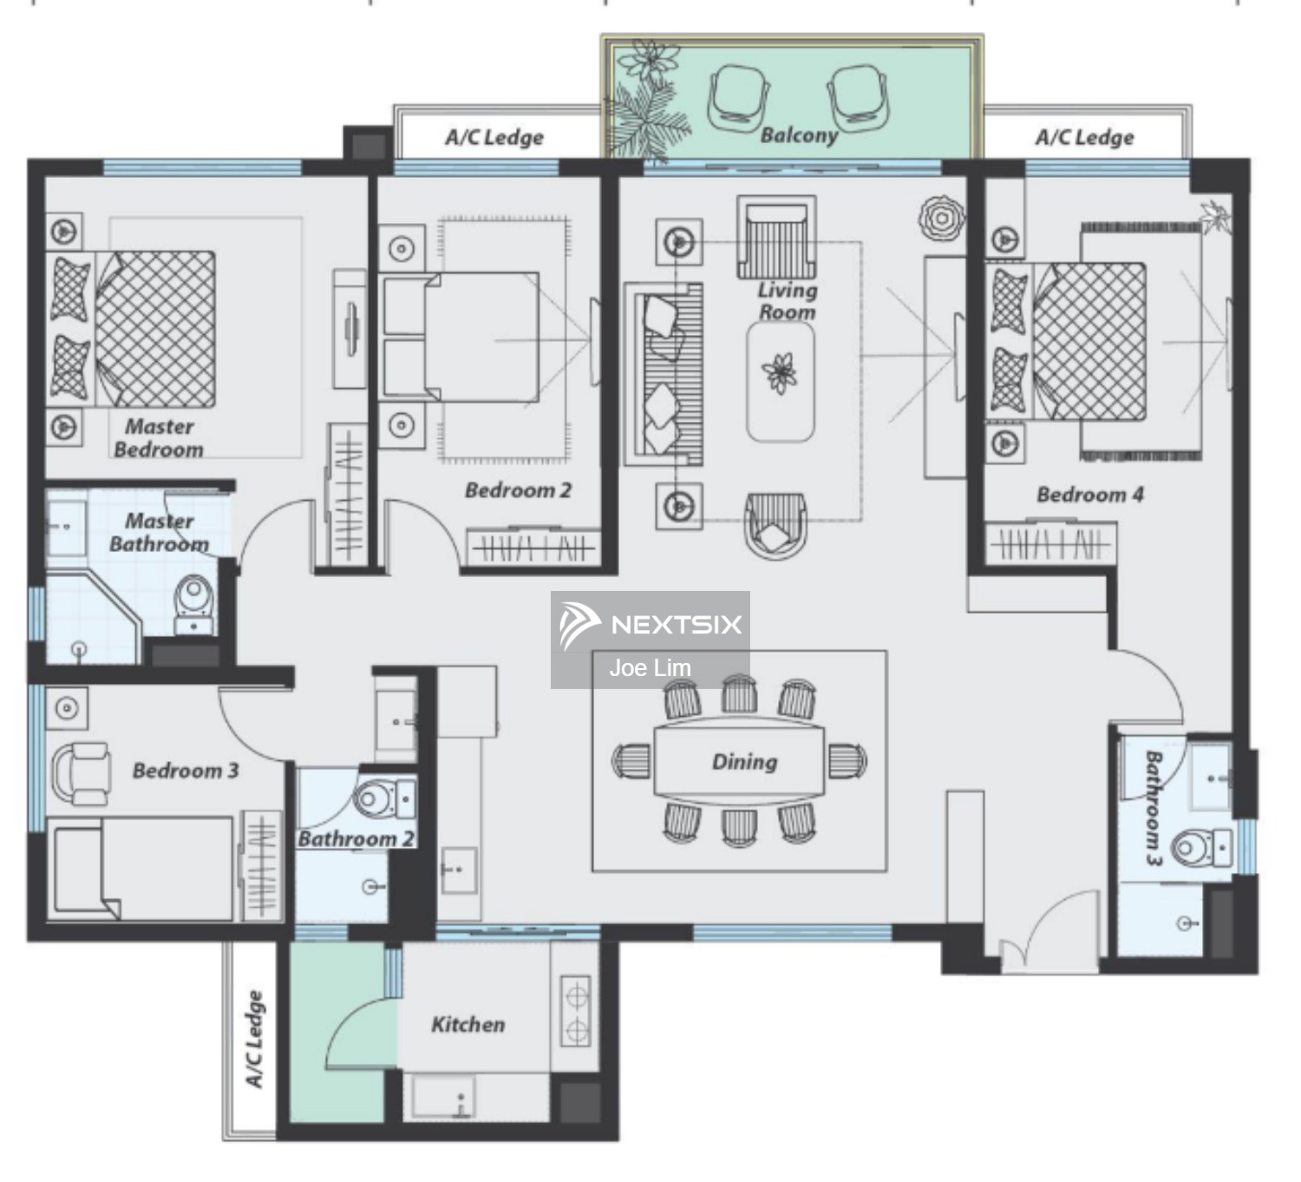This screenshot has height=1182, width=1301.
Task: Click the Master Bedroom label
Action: (159, 437)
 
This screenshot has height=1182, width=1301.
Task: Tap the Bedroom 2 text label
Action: (518, 490)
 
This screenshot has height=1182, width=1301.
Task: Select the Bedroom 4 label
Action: (1089, 495)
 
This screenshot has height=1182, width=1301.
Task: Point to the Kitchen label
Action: (467, 1024)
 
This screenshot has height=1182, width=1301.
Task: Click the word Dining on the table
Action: (744, 761)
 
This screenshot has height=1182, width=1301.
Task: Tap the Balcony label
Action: (799, 135)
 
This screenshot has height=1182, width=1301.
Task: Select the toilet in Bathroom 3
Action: (1200, 847)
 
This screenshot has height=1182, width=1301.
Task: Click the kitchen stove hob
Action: (576, 1011)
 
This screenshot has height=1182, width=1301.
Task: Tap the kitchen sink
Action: (443, 1097)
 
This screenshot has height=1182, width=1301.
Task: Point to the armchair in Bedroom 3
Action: (82, 772)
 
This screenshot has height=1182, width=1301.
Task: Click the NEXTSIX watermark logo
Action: (650, 624)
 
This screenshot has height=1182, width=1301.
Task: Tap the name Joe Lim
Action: (650, 668)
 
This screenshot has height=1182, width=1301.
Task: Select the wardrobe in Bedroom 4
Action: (1051, 545)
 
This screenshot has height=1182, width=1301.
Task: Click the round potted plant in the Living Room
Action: (941, 218)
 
